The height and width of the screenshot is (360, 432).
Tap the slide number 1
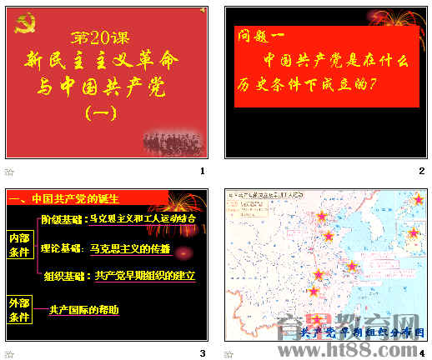point(201,171)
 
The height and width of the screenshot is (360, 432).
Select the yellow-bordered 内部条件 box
point(18,244)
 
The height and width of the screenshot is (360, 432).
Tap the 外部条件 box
point(18,307)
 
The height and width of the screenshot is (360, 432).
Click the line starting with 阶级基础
point(118,219)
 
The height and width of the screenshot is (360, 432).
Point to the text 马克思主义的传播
point(130,248)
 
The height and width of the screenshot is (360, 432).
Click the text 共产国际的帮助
point(84,310)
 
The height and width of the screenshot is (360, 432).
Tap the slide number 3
point(201,353)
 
